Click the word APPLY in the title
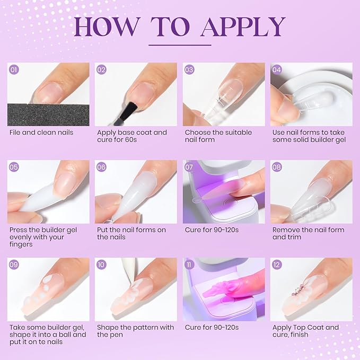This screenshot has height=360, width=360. click(243, 27)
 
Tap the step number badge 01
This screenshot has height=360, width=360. click(14, 69)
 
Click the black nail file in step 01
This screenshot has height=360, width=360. click(48, 114)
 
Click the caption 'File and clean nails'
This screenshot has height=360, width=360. click(41, 132)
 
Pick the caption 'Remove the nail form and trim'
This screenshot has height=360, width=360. click(308, 233)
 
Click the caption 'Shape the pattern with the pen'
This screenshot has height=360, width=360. click(135, 331)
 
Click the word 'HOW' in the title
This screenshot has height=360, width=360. click(108, 27)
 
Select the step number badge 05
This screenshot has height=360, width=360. click(14, 167)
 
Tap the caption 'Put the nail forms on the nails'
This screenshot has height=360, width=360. click(131, 233)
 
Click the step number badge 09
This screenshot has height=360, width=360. click(14, 265)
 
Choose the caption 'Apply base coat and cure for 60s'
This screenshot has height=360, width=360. click(132, 136)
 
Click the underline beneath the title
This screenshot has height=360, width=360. click(180, 45)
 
